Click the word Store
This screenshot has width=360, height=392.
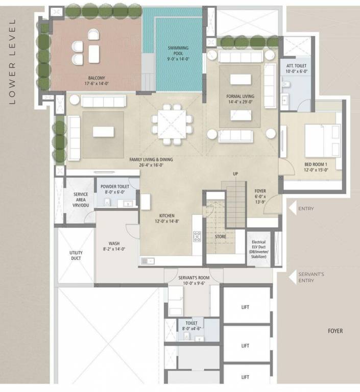tap(220, 236)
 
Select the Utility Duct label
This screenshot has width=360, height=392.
tap(76, 255)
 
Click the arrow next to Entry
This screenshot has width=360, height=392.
tap(292, 209)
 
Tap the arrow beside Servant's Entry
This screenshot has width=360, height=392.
tap(292, 277)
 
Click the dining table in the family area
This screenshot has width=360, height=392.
tap(172, 122)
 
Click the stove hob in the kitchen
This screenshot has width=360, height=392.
tap(197, 236)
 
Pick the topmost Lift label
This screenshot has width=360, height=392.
tap(245, 307)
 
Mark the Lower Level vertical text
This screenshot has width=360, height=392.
tap(13, 61)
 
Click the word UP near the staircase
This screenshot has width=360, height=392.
tap(235, 174)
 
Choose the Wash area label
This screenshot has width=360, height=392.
tap(114, 246)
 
